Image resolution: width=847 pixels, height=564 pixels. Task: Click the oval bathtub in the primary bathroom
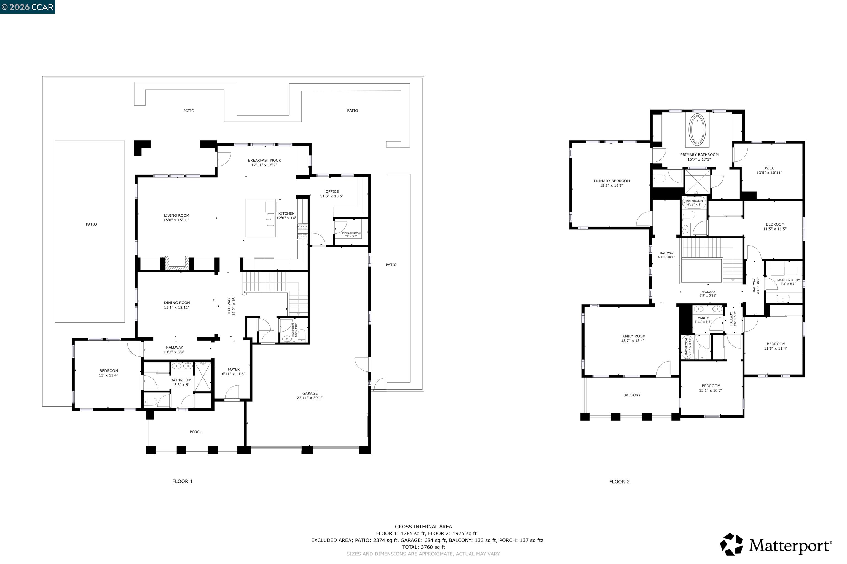pyautogui.click(x=697, y=130)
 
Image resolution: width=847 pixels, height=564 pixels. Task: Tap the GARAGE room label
pyautogui.click(x=310, y=393)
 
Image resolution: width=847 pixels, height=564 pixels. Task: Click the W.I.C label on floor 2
pyautogui.click(x=770, y=168)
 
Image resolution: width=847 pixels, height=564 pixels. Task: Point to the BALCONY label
pyautogui.click(x=632, y=395)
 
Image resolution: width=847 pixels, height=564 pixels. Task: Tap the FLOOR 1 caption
pyautogui.click(x=182, y=481)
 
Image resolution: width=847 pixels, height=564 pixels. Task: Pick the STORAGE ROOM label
pyautogui.click(x=351, y=233)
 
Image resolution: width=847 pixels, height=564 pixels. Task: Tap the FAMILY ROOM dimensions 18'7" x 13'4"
pyautogui.click(x=633, y=341)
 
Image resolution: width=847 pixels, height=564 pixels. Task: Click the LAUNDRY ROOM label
pyautogui.click(x=788, y=280)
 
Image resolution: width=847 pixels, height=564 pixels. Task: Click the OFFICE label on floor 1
pyautogui.click(x=332, y=192)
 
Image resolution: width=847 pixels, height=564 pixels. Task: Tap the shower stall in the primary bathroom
pyautogui.click(x=698, y=182)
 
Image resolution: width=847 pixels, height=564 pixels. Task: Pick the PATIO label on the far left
pyautogui.click(x=91, y=224)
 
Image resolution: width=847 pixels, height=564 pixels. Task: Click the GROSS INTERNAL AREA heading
pyautogui.click(x=423, y=527)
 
